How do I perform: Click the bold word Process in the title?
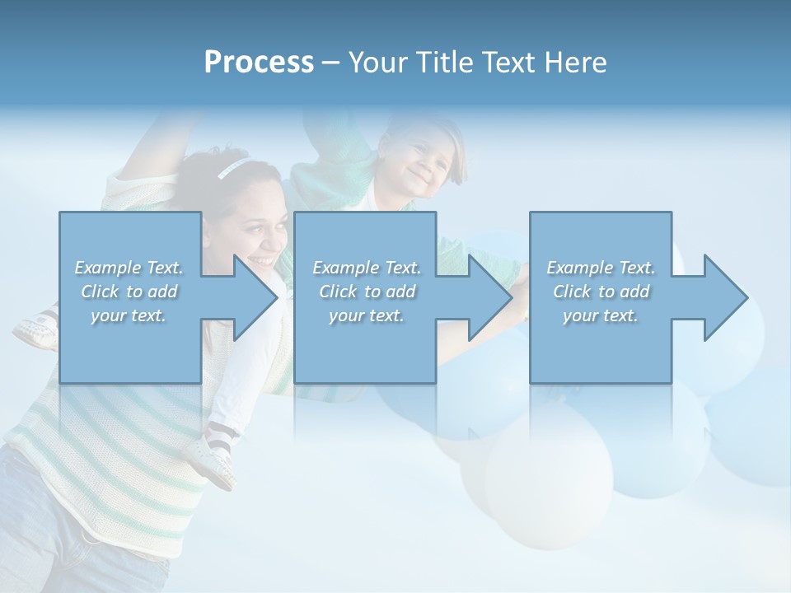259,63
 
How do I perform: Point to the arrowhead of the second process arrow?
488,297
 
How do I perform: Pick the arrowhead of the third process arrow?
723,297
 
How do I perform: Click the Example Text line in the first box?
129,268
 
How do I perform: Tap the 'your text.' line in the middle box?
366,315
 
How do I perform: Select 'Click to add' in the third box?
601,292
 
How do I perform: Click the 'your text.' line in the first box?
129,315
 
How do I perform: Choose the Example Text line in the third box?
601,268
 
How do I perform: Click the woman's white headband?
232,169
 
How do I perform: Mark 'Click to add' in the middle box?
366,292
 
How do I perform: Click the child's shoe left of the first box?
35,330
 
